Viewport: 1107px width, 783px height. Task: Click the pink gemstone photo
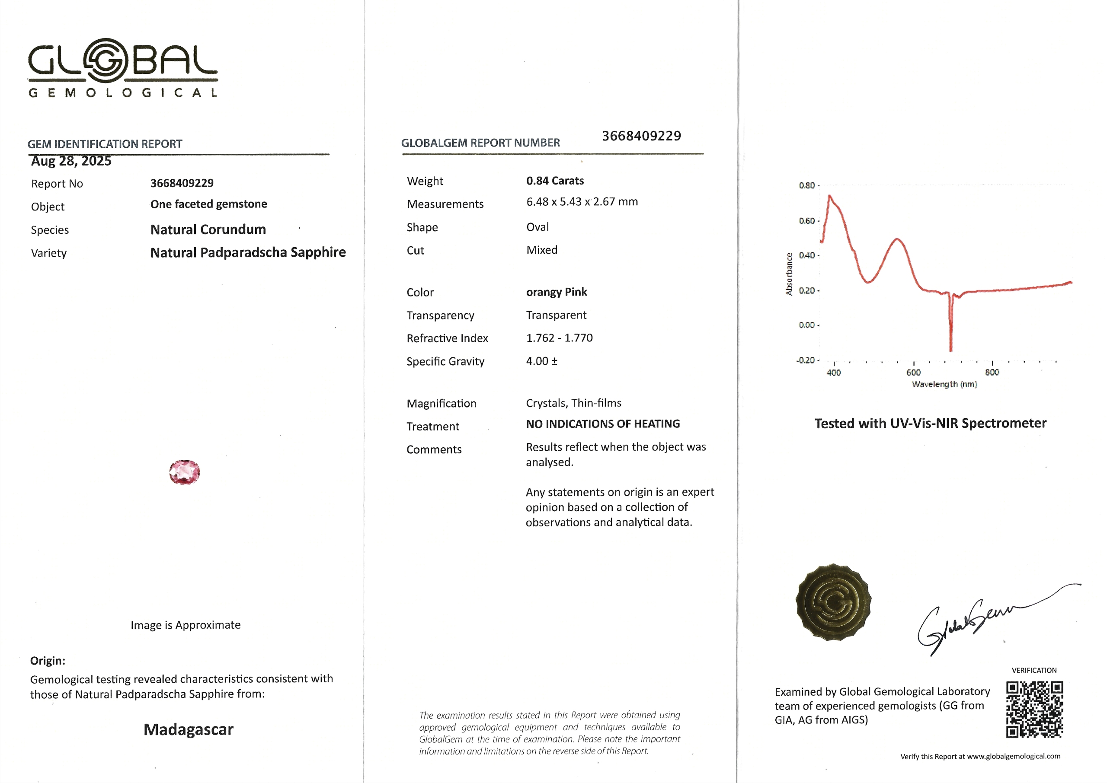point(184,472)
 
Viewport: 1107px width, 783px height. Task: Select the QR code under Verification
point(1034,709)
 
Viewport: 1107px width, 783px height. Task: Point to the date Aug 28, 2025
point(71,161)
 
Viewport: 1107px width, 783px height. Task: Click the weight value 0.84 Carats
point(555,181)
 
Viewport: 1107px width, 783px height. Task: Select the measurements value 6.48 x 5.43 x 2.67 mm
point(582,202)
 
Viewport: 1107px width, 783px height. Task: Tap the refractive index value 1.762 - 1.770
point(559,338)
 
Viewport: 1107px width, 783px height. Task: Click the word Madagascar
point(188,729)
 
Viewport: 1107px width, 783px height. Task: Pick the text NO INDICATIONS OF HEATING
point(602,424)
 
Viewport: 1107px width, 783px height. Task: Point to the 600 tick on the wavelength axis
point(913,372)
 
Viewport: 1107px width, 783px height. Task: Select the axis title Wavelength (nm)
point(944,384)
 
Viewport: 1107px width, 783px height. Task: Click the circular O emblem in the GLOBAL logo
point(106,61)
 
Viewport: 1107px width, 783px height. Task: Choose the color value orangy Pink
point(556,292)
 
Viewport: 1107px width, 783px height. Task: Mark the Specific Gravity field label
point(445,362)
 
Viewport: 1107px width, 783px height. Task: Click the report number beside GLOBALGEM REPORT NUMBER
point(641,136)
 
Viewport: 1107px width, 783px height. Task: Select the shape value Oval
point(538,227)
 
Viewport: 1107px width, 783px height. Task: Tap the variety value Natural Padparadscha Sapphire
point(248,253)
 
